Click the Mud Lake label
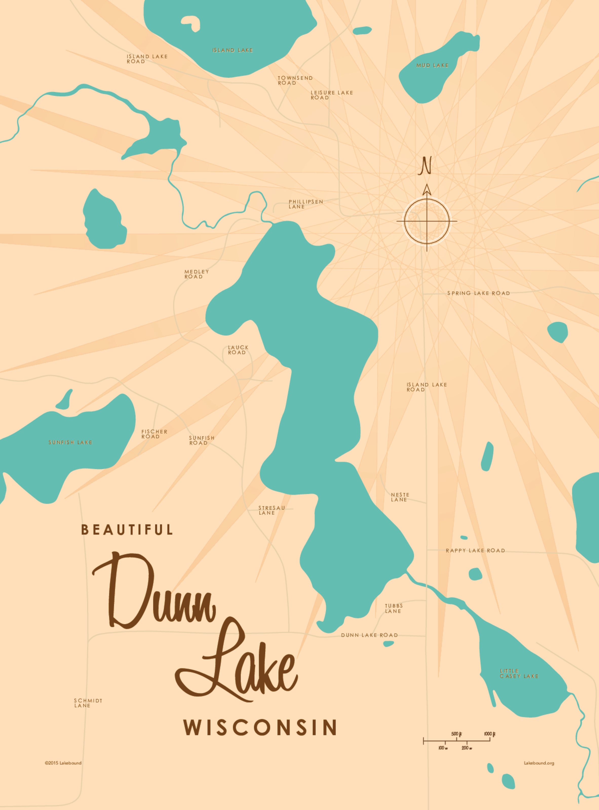(x=432, y=65)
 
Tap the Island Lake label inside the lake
(x=233, y=50)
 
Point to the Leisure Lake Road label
(x=331, y=95)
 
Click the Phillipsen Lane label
(x=305, y=204)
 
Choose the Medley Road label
(x=196, y=274)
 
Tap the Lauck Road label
(x=238, y=350)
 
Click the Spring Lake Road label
(x=478, y=293)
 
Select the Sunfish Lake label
(x=70, y=442)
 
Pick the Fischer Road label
(x=154, y=434)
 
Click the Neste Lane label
(x=400, y=497)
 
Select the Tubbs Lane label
(x=393, y=608)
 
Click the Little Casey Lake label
(x=518, y=673)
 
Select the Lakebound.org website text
(x=538, y=763)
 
